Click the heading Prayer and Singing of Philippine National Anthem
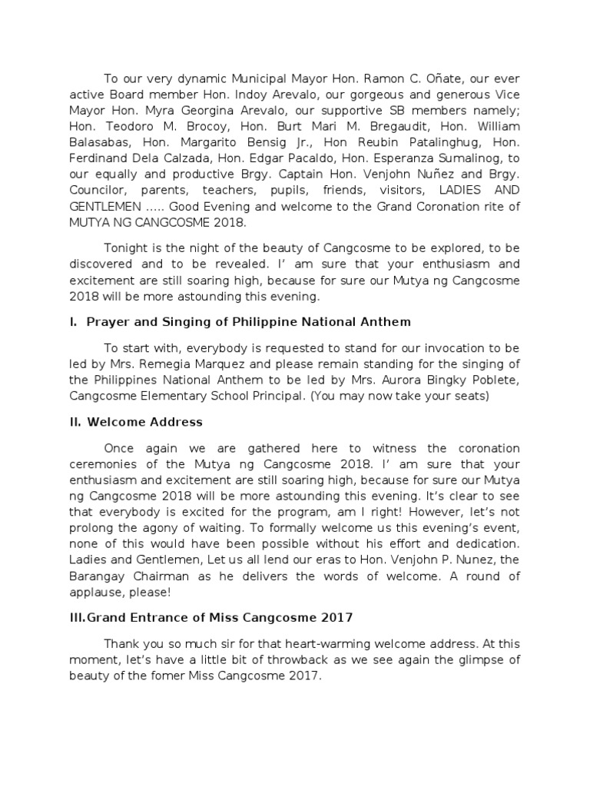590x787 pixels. pyautogui.click(x=249, y=321)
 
